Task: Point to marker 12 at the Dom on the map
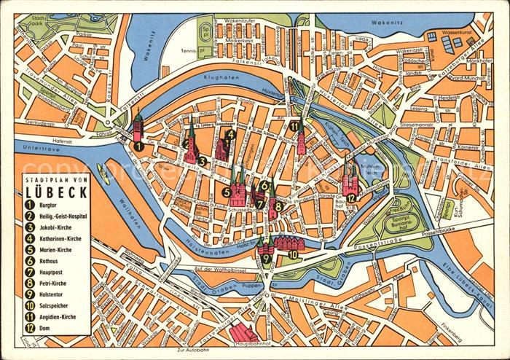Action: (351, 197)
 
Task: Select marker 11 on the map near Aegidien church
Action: (294, 126)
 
